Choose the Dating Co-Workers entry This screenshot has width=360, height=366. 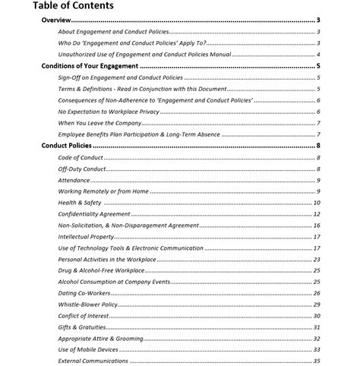(84, 292)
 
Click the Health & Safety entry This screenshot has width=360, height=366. (80, 203)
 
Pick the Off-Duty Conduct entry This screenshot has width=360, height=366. (82, 169)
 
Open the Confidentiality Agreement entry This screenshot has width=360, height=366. (95, 214)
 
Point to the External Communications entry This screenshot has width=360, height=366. (93, 361)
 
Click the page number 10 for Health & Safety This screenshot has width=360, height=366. (316, 203)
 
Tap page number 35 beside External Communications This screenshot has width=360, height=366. (316, 361)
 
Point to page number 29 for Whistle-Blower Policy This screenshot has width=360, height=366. (316, 304)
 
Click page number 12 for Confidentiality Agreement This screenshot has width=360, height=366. (316, 214)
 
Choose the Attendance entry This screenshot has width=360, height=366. (74, 180)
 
